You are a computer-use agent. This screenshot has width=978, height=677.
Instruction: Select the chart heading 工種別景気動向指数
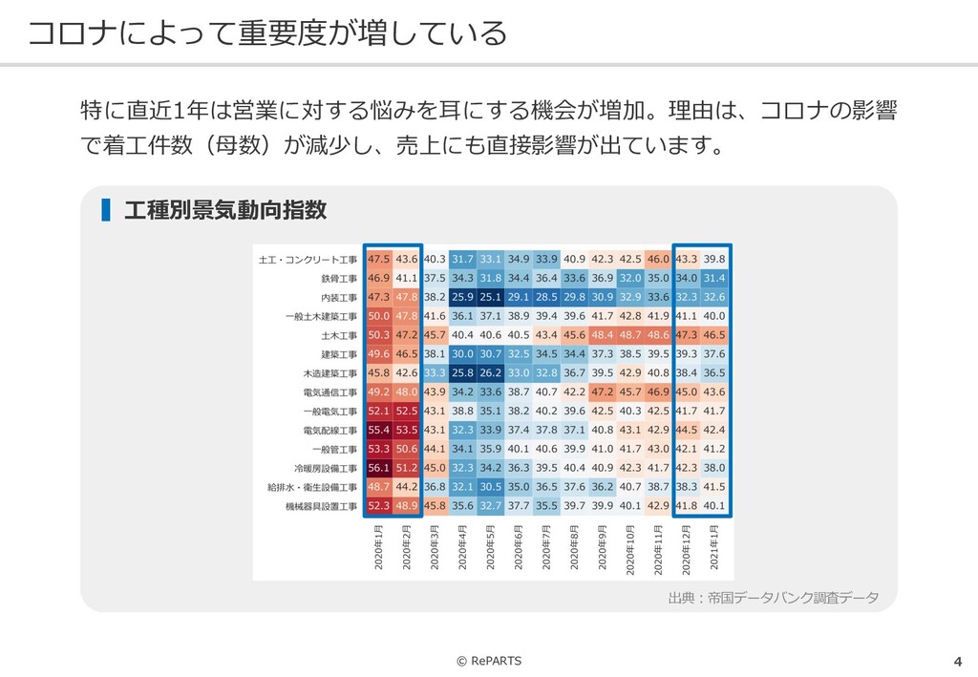point(225,210)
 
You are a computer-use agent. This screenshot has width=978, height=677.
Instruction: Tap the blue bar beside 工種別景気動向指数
point(106,210)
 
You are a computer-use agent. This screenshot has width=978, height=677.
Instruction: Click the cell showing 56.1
point(378,468)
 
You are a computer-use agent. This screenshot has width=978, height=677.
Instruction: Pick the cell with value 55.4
point(378,431)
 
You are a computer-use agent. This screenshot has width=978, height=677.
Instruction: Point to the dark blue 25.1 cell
point(491,297)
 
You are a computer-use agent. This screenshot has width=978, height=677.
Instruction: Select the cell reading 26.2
point(491,373)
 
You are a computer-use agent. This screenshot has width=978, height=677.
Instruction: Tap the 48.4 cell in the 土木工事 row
point(603,335)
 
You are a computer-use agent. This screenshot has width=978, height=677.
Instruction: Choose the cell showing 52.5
point(407,412)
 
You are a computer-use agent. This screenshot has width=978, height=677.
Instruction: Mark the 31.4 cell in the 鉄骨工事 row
point(714,278)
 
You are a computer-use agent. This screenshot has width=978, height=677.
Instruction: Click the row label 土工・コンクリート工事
point(308,260)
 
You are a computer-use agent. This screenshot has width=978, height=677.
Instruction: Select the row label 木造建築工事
point(326,373)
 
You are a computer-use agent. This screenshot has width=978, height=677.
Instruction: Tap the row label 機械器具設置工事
point(321,506)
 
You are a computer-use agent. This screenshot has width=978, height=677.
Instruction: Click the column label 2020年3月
point(435,547)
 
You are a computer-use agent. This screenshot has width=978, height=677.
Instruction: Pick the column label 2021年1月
point(714,547)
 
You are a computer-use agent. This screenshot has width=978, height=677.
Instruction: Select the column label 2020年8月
point(575,547)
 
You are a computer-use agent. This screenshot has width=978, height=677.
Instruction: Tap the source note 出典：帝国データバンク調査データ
point(773,598)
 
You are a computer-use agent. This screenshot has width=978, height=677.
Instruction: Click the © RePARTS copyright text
point(489,661)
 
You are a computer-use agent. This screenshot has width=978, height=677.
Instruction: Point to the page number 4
point(957,662)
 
